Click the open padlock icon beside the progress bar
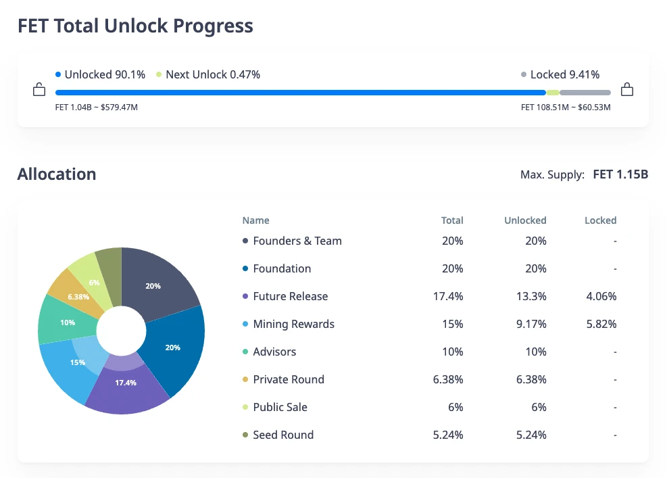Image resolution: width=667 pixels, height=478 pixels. [39, 90]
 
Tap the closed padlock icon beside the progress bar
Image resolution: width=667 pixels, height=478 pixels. [627, 89]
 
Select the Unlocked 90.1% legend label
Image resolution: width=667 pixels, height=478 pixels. [105, 74]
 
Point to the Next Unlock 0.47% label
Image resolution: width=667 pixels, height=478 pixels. [212, 74]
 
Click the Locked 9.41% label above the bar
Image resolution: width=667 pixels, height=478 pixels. [564, 74]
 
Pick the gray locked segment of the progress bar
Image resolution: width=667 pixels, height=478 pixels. [585, 93]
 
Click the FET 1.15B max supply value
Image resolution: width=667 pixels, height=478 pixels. [620, 174]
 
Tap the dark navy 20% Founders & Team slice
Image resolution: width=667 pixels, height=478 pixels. [159, 281]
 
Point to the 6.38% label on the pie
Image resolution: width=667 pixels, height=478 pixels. [78, 297]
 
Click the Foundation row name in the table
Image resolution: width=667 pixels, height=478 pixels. [282, 268]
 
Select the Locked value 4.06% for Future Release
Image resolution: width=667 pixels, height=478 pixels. [601, 296]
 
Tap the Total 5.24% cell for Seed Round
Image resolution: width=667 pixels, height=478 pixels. [448, 435]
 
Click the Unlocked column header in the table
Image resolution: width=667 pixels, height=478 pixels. [525, 220]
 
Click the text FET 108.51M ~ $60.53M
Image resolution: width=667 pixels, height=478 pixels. [566, 107]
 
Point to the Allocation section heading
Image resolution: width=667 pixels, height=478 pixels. [57, 174]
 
